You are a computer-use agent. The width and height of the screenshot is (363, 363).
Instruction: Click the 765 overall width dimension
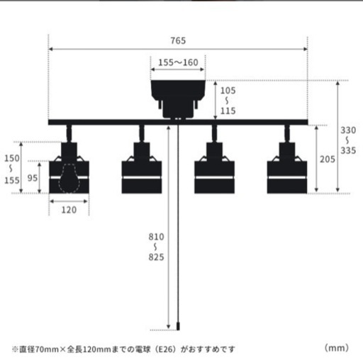click(178, 40)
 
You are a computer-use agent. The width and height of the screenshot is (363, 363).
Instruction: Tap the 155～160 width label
click(178, 62)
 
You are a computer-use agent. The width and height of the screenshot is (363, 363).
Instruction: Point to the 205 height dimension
click(328, 160)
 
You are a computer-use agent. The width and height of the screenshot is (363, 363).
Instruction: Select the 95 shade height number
click(33, 178)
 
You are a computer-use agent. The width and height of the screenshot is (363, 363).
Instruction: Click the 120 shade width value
click(69, 210)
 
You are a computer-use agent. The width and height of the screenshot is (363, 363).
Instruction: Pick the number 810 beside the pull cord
click(156, 237)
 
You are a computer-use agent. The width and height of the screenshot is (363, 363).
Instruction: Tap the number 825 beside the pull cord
click(156, 257)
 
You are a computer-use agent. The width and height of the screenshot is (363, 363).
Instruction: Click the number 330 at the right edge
click(348, 130)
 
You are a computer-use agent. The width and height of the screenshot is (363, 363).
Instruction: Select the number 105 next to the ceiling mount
click(228, 91)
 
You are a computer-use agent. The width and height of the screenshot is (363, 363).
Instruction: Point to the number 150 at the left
click(12, 158)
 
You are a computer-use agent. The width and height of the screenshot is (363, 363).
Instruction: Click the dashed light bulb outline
click(69, 179)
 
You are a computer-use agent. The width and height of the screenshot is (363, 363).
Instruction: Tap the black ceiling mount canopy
click(178, 99)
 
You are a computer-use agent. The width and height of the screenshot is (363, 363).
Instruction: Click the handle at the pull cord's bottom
click(178, 326)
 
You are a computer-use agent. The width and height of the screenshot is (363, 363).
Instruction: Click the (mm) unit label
click(337, 347)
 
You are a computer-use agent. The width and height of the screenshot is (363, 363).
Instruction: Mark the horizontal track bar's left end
click(49, 122)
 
